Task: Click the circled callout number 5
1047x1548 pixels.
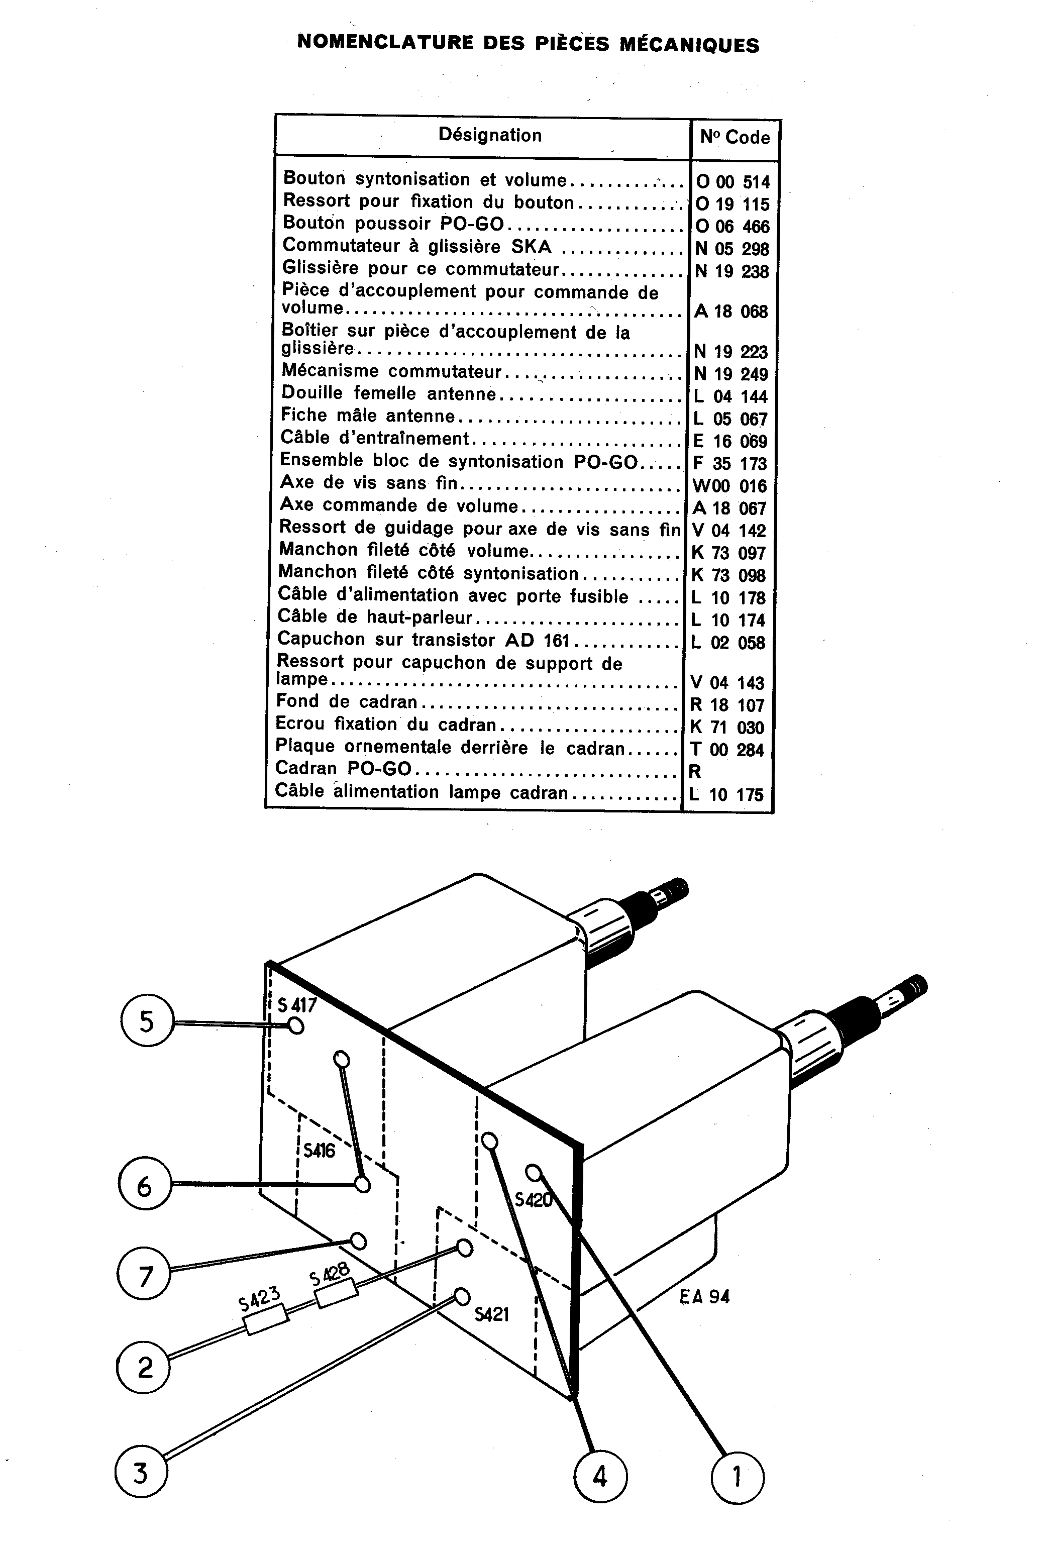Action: (147, 1022)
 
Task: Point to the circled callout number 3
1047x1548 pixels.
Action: (141, 1471)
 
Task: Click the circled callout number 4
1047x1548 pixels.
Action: (600, 1476)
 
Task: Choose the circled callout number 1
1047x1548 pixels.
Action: (738, 1476)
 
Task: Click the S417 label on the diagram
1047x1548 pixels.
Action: (297, 1004)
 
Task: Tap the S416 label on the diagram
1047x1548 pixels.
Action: (319, 1151)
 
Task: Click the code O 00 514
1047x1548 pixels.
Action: (732, 182)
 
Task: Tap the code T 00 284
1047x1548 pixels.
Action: (727, 750)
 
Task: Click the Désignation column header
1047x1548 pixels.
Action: (489, 135)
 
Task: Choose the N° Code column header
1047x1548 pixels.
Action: (735, 137)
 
